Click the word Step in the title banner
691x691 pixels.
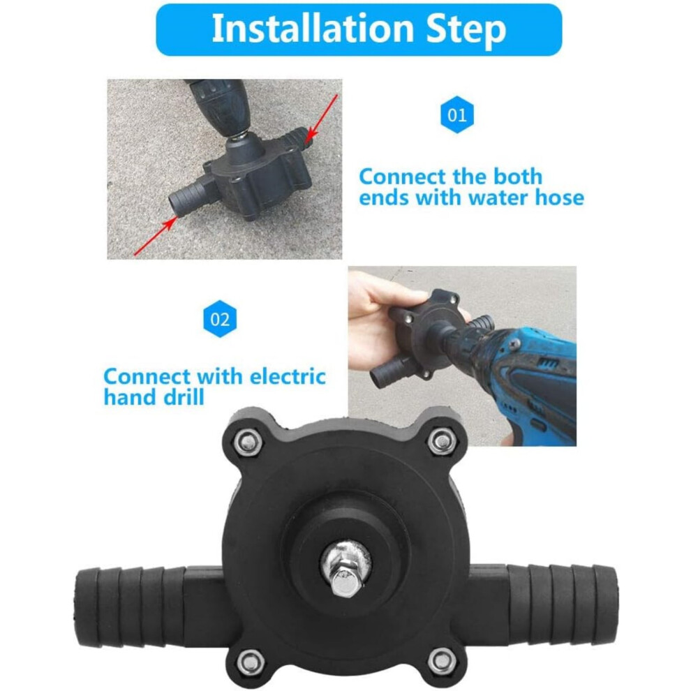coord(466,30)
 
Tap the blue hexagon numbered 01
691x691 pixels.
coord(457,114)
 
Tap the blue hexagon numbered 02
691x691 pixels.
coord(220,318)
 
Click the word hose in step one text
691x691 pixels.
coord(559,197)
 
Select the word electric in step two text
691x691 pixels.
coord(288,376)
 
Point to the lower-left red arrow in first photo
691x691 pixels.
coord(155,237)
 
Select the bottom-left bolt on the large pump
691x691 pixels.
coord(251,661)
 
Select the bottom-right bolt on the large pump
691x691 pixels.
coord(442,660)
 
